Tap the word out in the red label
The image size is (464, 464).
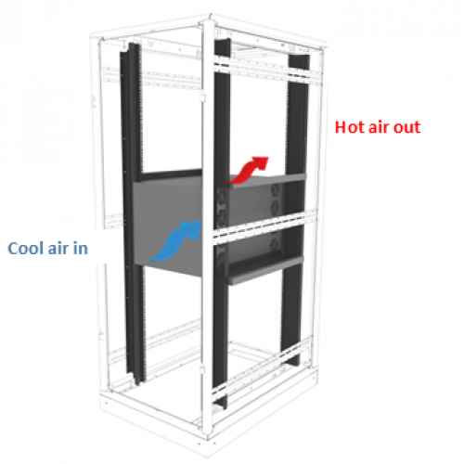point(406,127)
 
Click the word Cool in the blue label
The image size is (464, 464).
point(26,248)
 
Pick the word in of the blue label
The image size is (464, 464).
point(81,248)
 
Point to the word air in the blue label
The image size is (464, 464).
point(58,248)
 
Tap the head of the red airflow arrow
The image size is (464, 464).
point(261,162)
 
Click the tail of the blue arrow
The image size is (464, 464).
point(151,259)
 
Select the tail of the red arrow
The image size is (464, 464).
point(230,182)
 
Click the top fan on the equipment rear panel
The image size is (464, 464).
point(275,189)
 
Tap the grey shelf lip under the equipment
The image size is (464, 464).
point(265,270)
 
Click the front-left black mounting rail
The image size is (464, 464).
point(133,213)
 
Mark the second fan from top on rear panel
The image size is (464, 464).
point(274,207)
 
